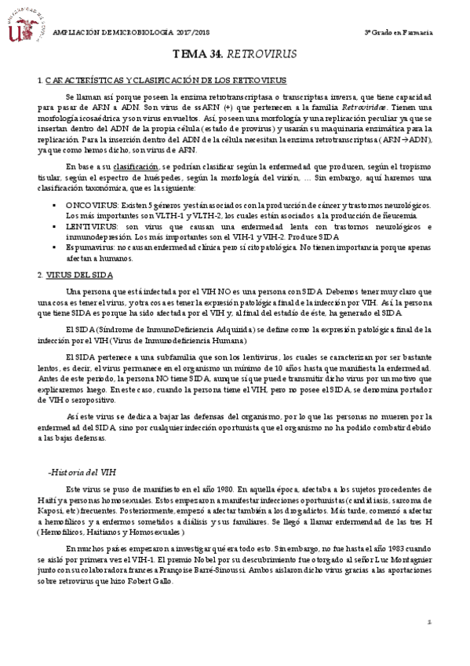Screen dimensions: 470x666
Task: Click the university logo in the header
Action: [x=24, y=24]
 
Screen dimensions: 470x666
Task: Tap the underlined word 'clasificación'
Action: [x=134, y=167]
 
